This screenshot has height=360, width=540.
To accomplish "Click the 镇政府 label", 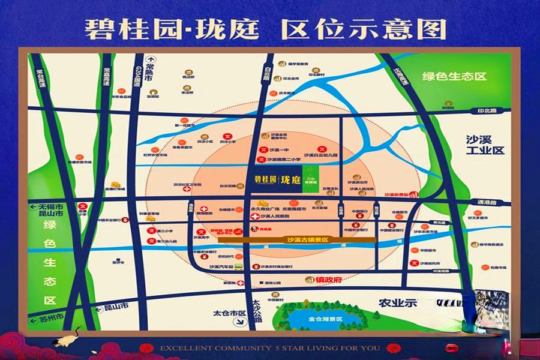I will [x=328, y=280].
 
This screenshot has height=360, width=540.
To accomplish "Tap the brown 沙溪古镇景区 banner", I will [x=297, y=239].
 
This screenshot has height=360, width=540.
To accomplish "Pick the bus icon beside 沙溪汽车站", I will [x=239, y=266].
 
